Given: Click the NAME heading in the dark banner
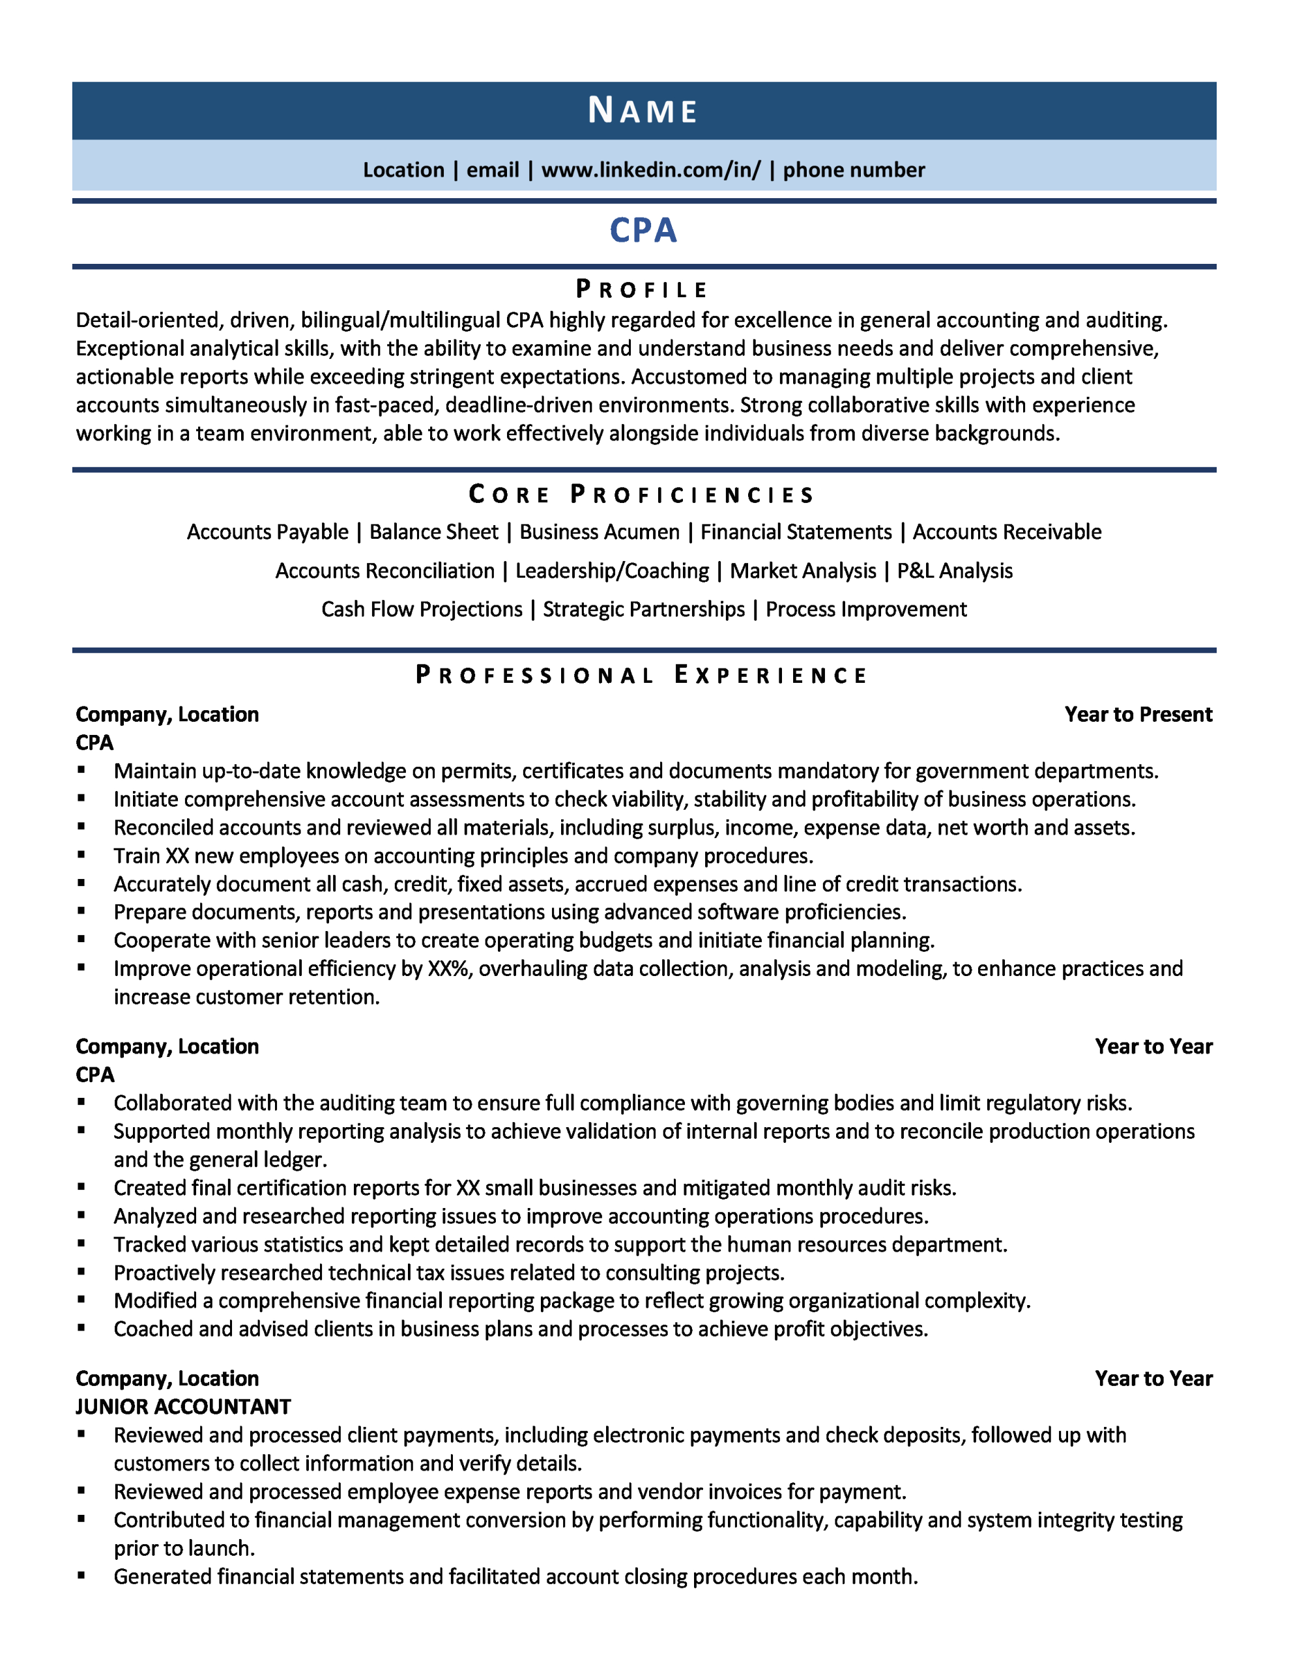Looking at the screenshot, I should click(x=643, y=111).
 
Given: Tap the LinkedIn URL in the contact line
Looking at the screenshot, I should click(x=651, y=169).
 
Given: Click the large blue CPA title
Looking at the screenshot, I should click(x=643, y=231).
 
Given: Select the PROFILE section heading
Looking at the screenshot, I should click(x=643, y=289).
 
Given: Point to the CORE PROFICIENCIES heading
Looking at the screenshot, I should click(x=642, y=495).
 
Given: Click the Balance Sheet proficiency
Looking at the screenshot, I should click(x=433, y=532).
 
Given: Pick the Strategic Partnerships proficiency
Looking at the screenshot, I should click(x=643, y=609).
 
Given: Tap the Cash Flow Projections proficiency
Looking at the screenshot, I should click(x=421, y=609).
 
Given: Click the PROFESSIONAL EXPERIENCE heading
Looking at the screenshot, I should click(x=642, y=675).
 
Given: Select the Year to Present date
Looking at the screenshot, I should click(x=1138, y=714).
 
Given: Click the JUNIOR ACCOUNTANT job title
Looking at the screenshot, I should click(x=183, y=1406).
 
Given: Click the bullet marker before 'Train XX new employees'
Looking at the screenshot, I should click(x=81, y=855).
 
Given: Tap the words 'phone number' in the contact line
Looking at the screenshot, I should click(x=854, y=169).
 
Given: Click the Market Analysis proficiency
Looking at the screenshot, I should click(x=802, y=571).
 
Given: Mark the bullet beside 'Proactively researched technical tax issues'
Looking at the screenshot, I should click(x=81, y=1272).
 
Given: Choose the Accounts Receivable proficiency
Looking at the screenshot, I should click(x=1006, y=532).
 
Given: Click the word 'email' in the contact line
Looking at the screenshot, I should click(x=493, y=169).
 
